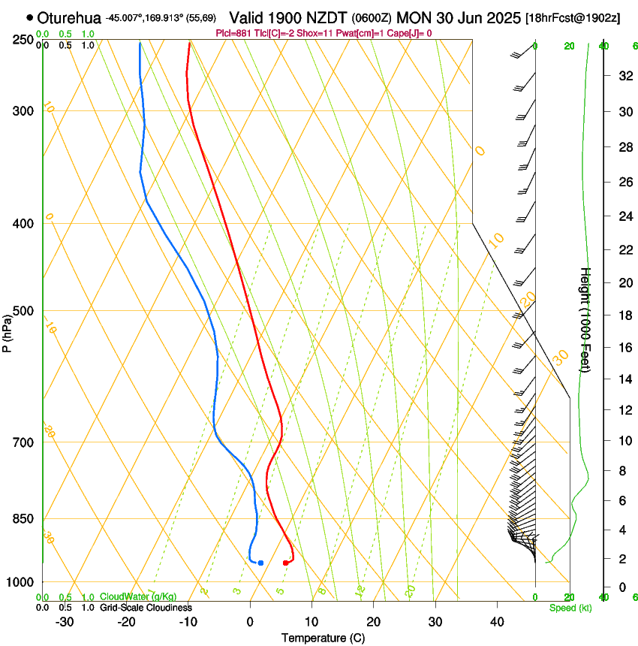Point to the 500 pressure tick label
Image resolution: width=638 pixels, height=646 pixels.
(x=24, y=311)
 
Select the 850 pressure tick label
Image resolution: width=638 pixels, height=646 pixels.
(x=24, y=519)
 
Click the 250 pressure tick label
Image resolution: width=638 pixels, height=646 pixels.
(x=24, y=39)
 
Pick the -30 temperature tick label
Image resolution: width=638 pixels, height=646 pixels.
(x=65, y=621)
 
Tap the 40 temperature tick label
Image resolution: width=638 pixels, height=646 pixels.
(x=496, y=621)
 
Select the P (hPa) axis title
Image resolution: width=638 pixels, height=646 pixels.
(x=8, y=331)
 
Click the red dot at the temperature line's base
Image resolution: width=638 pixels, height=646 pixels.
(x=285, y=563)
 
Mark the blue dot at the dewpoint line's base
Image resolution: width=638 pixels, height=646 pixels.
(x=260, y=563)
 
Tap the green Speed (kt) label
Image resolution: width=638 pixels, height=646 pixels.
(x=570, y=608)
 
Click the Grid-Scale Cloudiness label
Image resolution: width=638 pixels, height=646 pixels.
(x=146, y=608)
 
